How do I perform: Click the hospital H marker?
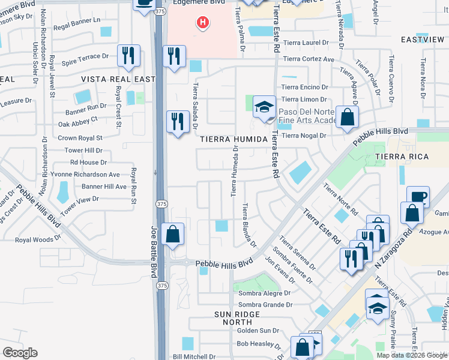(x=203, y=23)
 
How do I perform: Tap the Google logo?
(x=20, y=353)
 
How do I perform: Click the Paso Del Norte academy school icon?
(x=264, y=108)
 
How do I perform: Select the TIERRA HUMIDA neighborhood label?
(x=233, y=139)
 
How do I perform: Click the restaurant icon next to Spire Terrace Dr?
(x=129, y=56)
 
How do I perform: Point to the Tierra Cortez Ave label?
(x=309, y=59)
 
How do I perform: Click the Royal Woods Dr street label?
(x=38, y=239)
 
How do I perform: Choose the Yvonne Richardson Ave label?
(x=87, y=175)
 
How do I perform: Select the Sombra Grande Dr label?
(x=264, y=305)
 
